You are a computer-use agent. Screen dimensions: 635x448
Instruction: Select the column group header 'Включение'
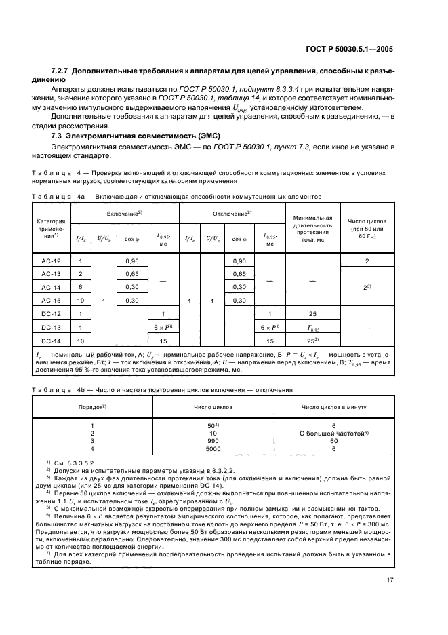(x=125, y=214)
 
